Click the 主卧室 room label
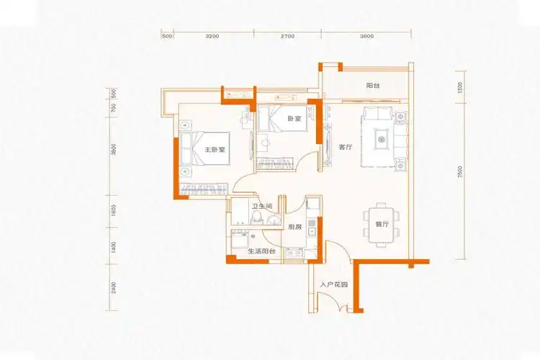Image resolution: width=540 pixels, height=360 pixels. pos(215,150)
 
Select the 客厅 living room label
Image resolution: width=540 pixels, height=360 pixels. pos(345,147)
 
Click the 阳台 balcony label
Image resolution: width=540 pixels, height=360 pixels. pos(372,86)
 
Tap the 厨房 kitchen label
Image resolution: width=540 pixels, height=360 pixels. pos(294,227)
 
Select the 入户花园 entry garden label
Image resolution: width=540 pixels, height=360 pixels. pos(333,285)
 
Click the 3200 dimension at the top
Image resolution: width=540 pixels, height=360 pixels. pos(212,35)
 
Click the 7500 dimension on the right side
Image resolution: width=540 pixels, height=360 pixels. pos(458,174)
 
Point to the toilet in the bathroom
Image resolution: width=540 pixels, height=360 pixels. pos(273,218)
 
